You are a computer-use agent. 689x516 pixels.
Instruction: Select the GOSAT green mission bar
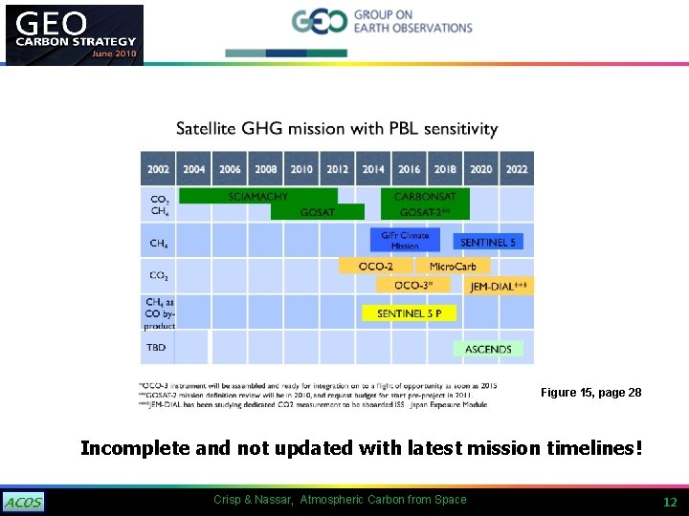tap(317, 212)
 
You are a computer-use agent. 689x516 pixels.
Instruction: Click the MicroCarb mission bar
tap(456, 266)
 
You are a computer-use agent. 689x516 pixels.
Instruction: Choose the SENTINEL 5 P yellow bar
tap(409, 313)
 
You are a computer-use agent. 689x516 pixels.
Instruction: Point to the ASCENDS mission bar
tap(488, 350)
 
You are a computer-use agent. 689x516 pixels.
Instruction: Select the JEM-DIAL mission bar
tap(499, 286)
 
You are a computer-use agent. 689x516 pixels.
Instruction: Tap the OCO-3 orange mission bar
tap(413, 285)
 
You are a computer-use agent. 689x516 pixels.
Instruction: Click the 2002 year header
tap(158, 169)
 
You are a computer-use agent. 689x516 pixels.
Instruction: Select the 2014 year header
tap(373, 169)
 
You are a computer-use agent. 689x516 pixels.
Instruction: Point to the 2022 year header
tap(517, 169)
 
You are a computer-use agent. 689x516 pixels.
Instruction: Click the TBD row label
tap(156, 348)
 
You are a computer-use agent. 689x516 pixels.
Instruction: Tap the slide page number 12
tap(670, 502)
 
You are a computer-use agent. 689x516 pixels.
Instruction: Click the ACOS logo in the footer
tap(24, 503)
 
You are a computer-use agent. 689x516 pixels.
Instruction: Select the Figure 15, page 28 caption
tap(590, 393)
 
